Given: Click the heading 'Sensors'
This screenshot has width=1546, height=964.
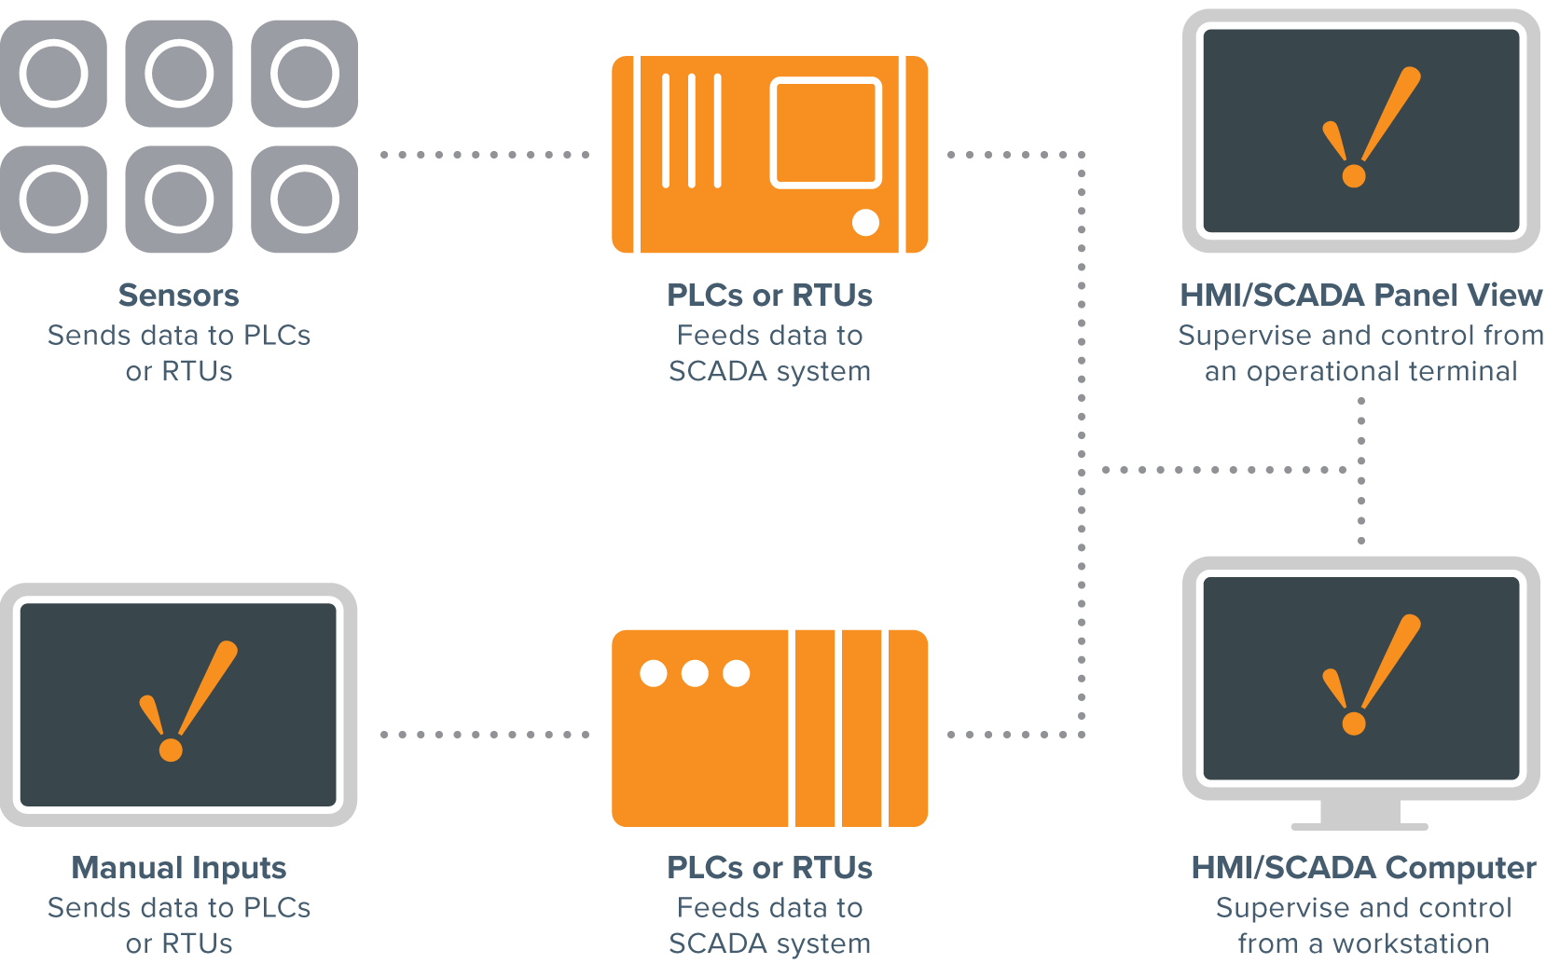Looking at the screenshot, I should click(178, 296).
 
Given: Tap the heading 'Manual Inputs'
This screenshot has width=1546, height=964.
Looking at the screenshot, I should click(178, 868).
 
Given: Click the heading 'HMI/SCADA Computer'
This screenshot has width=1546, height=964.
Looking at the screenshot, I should click(1362, 868).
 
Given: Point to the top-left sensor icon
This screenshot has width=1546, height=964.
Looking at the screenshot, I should click(53, 74).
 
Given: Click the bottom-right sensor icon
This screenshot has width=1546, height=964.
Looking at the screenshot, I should click(304, 199).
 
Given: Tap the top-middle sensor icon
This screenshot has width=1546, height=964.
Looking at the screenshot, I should click(178, 74).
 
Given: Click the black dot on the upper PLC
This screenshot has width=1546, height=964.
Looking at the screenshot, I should click(865, 222).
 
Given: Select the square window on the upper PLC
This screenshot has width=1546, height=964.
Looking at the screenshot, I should click(825, 132).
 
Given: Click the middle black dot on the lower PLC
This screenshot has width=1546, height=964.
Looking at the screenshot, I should click(695, 673).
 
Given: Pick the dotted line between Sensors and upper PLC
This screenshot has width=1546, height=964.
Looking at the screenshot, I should click(484, 155).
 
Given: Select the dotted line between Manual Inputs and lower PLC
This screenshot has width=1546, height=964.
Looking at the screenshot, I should click(484, 735).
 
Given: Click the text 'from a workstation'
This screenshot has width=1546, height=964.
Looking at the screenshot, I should click(1362, 943).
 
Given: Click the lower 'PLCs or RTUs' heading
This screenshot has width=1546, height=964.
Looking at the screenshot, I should click(769, 868).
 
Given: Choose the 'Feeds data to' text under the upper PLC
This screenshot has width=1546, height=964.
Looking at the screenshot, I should click(769, 335).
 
